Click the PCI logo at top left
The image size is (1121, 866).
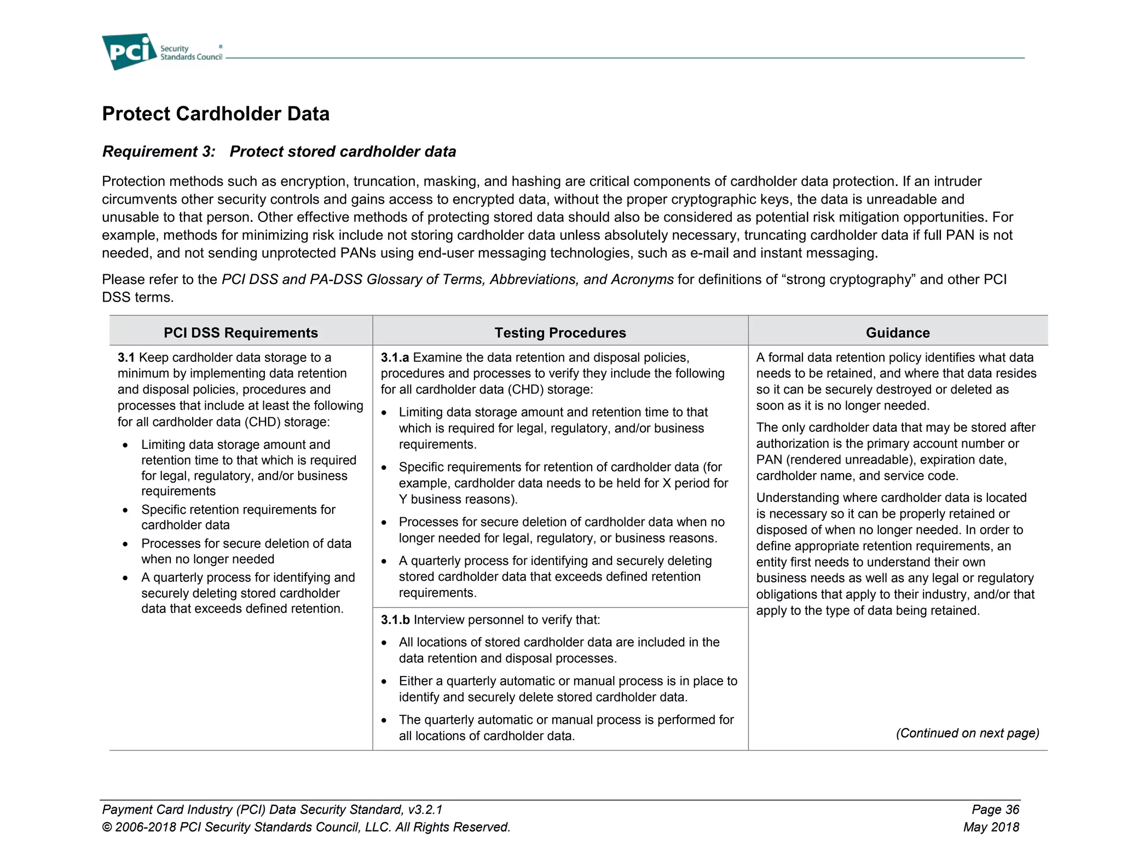click(129, 51)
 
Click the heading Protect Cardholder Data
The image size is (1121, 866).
click(216, 114)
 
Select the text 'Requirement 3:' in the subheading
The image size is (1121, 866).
click(159, 152)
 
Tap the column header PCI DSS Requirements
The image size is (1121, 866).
click(241, 333)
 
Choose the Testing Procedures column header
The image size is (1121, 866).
click(560, 333)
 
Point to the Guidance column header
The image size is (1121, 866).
click(898, 333)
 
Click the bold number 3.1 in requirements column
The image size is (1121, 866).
click(126, 357)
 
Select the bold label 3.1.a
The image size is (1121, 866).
click(395, 357)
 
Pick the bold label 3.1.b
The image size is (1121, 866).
click(395, 620)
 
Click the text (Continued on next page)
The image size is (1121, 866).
click(967, 733)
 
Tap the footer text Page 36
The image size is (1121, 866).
click(995, 810)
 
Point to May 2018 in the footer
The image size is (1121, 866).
click(991, 827)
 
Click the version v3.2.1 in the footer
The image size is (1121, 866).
click(425, 810)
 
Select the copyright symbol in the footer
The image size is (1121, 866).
click(107, 827)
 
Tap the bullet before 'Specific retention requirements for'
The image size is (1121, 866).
click(125, 510)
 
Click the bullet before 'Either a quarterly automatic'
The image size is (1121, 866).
click(384, 682)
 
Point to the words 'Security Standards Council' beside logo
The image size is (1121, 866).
click(191, 53)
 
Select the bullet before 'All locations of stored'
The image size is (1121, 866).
click(384, 643)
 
